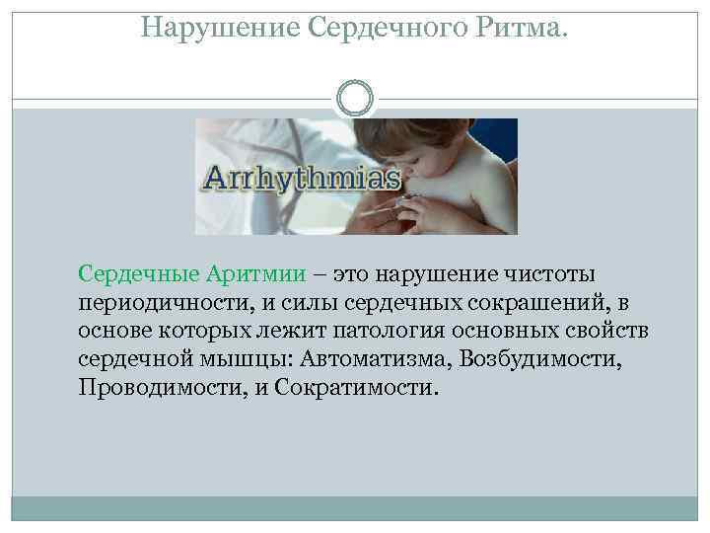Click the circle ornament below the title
355,98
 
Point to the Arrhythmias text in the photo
301,180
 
